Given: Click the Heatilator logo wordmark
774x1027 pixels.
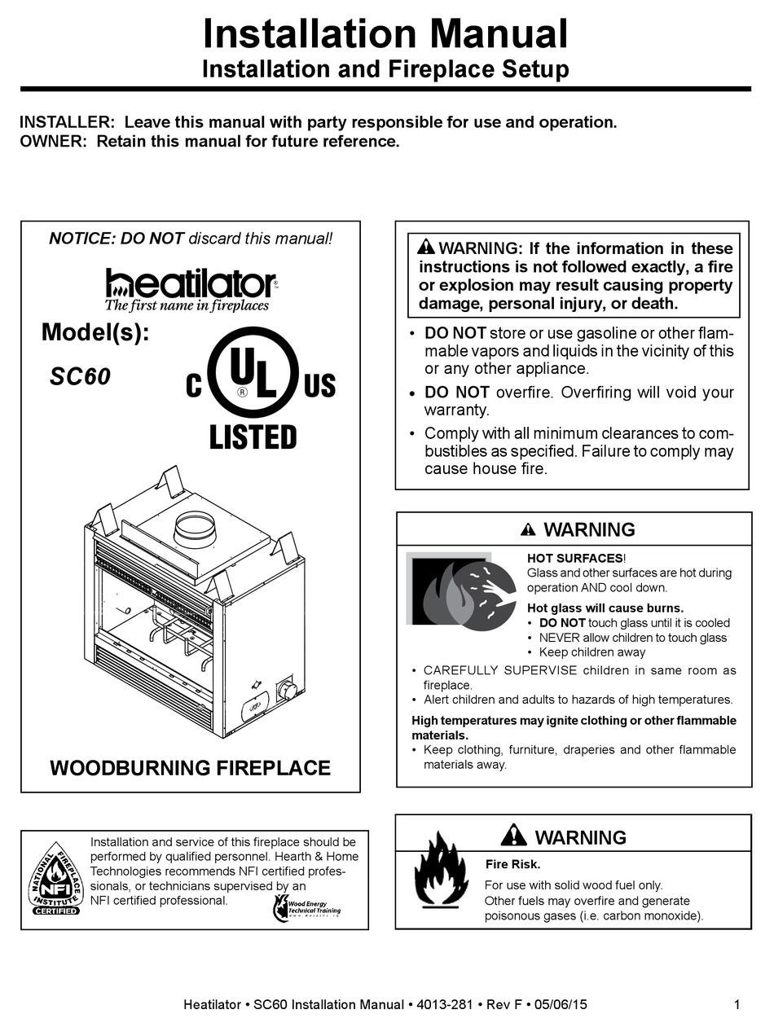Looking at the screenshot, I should pos(191,283).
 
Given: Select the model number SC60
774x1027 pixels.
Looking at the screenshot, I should pos(80,377).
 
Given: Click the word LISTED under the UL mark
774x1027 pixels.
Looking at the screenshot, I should pos(253,437).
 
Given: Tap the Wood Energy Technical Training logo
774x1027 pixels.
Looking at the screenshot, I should pos(306,906).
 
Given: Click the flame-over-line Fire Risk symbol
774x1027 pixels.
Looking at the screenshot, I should pos(442,869).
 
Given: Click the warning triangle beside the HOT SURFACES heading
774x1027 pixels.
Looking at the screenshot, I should pos(528,530).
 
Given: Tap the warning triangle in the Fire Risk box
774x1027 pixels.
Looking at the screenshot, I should pos(514,836).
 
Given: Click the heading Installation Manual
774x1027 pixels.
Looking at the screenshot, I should pos(385,35).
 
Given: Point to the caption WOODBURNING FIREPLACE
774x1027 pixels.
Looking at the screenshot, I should pos(190,768).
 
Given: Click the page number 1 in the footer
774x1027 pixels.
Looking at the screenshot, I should pos(737,1005).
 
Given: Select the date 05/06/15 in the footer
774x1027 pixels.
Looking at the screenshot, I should pos(557,1005).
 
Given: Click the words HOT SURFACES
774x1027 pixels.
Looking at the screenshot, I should pos(574,558).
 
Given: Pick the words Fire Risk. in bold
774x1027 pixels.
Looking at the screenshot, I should pos(512,865).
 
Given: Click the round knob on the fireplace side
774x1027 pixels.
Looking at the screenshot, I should pos(287,691).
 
